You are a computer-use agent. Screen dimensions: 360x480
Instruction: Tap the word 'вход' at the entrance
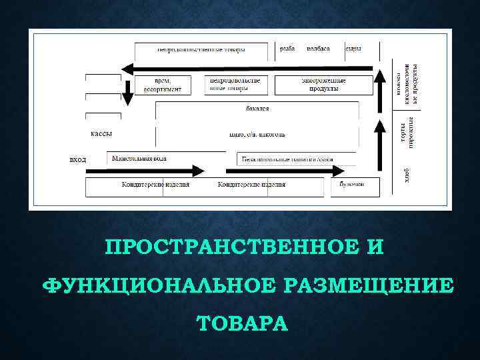click(x=78, y=160)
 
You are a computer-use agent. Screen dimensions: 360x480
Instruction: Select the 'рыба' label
click(x=287, y=49)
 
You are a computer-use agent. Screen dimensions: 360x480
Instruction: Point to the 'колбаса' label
click(x=319, y=49)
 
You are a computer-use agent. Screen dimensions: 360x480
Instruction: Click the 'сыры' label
click(x=353, y=49)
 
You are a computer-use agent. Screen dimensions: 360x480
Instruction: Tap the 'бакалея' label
click(x=257, y=109)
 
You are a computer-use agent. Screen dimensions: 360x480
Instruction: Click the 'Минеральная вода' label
click(x=139, y=159)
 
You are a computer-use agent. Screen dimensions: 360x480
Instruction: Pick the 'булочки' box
click(x=351, y=184)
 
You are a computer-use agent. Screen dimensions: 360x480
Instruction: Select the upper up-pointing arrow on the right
click(x=381, y=86)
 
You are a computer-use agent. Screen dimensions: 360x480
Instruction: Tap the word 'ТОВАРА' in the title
click(x=243, y=324)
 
